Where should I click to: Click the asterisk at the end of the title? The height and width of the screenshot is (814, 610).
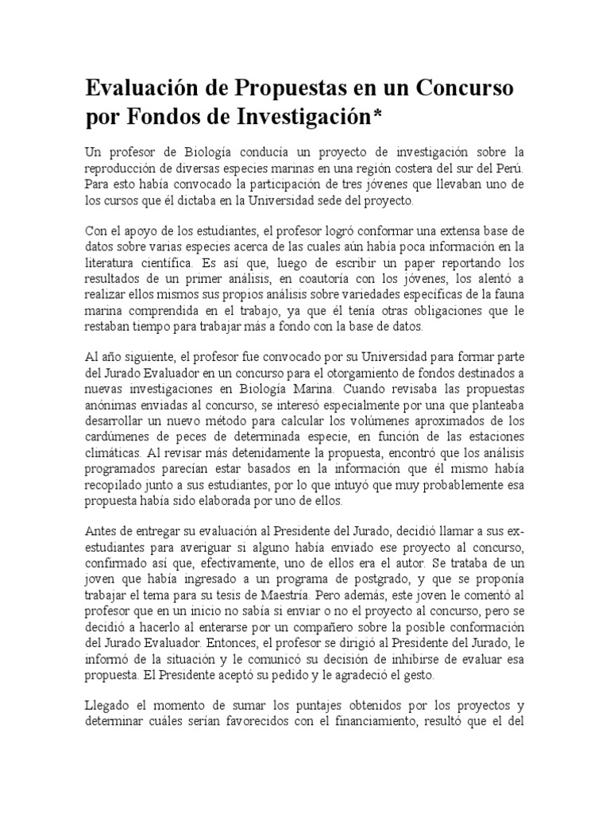coord(377,116)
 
